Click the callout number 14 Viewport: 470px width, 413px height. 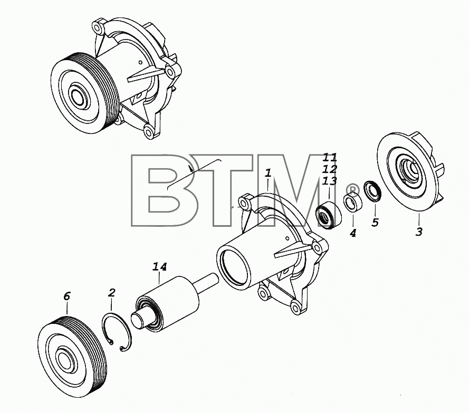coord(160,267)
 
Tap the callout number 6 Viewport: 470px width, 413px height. coord(66,296)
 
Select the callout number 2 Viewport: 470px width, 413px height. coord(111,293)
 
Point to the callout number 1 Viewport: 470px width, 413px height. coord(268,173)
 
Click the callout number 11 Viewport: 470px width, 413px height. coord(330,157)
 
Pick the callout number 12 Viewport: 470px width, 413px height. coord(330,169)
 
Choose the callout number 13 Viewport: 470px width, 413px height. coord(330,181)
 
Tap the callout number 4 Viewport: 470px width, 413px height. coord(353,233)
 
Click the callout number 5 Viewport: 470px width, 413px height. coord(375,223)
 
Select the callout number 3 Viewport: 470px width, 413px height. coord(419,232)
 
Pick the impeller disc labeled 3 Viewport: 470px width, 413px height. coord(409,173)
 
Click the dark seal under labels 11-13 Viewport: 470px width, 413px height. coord(329,215)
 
